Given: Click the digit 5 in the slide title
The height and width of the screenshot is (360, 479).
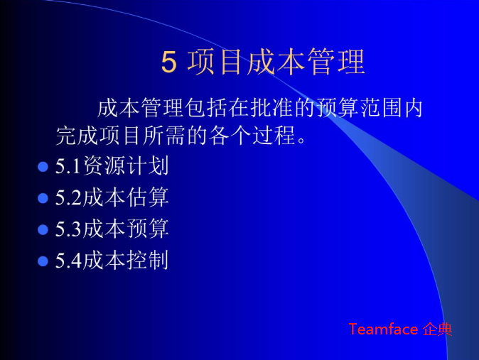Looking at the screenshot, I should (168, 63).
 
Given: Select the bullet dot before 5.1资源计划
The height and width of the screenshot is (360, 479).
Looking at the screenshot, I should (43, 167).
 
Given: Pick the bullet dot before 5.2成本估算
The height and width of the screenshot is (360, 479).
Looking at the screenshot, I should (43, 198).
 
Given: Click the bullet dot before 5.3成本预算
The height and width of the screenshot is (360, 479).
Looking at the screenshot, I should (43, 229).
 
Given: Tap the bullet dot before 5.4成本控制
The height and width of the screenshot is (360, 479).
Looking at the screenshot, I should (43, 261).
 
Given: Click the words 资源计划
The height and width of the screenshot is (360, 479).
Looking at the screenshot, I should (126, 167).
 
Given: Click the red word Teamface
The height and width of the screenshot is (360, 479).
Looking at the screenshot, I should (382, 329).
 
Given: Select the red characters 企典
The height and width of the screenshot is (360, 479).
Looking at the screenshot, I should (437, 329).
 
